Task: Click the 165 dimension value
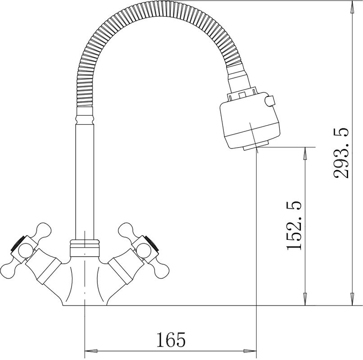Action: [x=171, y=340]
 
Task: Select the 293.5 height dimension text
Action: [x=341, y=153]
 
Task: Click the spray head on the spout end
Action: [x=250, y=120]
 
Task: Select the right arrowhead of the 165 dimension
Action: [x=250, y=351]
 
